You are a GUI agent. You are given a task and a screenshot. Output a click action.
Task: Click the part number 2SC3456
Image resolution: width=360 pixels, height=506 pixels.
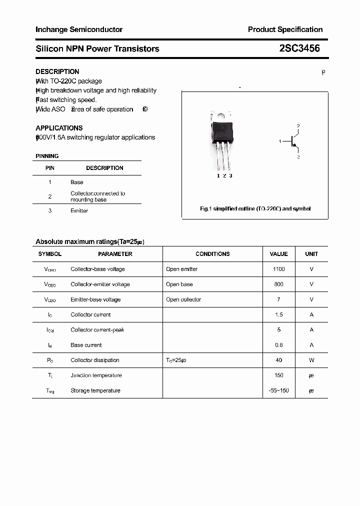point(299,48)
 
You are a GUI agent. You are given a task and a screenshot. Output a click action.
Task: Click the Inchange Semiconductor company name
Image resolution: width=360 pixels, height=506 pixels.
point(79,29)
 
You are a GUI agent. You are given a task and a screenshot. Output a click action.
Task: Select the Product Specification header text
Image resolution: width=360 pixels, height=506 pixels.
point(285,29)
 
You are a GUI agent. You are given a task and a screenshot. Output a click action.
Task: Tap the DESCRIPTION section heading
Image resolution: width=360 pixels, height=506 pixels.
point(57,71)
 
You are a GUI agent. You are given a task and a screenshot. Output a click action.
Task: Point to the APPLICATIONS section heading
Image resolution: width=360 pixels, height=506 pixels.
point(59,128)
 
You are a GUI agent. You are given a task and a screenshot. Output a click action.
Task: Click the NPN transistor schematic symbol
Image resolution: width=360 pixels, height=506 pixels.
point(292,141)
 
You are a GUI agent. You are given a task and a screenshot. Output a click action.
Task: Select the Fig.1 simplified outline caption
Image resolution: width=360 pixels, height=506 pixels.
point(255,208)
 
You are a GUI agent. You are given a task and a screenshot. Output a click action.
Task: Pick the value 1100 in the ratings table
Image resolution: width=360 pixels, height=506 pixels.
point(278,269)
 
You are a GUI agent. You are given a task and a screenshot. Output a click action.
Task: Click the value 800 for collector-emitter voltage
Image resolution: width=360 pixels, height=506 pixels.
point(278,284)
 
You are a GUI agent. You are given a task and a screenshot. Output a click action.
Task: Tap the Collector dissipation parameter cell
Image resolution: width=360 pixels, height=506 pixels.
point(95,360)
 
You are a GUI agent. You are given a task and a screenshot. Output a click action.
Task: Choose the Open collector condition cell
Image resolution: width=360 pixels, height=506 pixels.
point(183,299)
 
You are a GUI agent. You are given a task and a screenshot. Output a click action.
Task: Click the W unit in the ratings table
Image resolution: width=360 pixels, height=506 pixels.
point(311,360)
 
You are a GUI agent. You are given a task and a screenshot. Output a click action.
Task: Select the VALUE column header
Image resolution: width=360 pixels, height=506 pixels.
point(278,254)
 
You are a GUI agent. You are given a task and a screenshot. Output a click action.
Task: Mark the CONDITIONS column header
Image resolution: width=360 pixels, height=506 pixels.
point(212,254)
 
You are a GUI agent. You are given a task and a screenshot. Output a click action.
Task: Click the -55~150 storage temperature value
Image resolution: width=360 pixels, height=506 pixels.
point(278,390)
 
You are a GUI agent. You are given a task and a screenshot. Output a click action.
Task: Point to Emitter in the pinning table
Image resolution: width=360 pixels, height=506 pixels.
point(79,210)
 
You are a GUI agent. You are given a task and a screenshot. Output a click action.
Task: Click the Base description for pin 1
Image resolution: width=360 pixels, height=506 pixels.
point(77,182)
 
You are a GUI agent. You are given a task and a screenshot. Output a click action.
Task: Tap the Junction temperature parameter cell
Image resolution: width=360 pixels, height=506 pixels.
point(96,375)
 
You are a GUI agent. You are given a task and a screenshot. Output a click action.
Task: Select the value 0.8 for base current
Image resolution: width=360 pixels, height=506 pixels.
point(278,345)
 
